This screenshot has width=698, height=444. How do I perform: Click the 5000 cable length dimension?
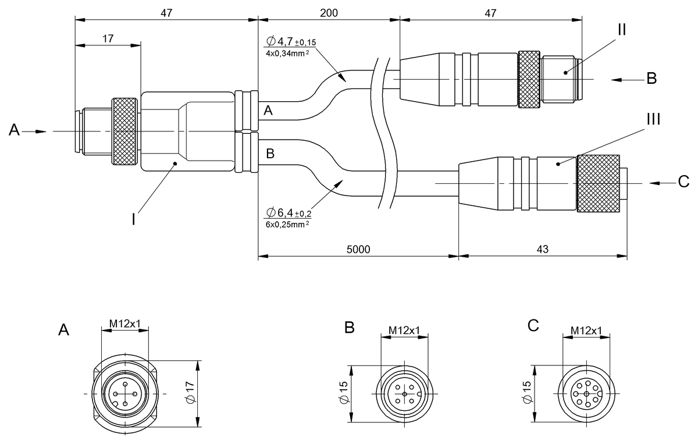click(358, 248)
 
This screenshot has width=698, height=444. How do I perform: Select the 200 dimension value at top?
click(329, 13)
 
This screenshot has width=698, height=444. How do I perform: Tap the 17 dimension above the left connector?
click(108, 38)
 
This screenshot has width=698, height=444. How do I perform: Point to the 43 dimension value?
click(543, 248)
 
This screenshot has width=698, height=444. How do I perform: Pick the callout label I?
click(133, 219)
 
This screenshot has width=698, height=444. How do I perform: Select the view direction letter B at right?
click(652, 79)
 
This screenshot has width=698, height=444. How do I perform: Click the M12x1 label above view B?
click(404, 331)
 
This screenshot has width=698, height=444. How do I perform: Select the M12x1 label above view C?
click(586, 331)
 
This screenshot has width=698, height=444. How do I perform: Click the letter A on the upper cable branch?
click(268, 111)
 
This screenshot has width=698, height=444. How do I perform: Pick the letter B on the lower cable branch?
click(270, 154)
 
